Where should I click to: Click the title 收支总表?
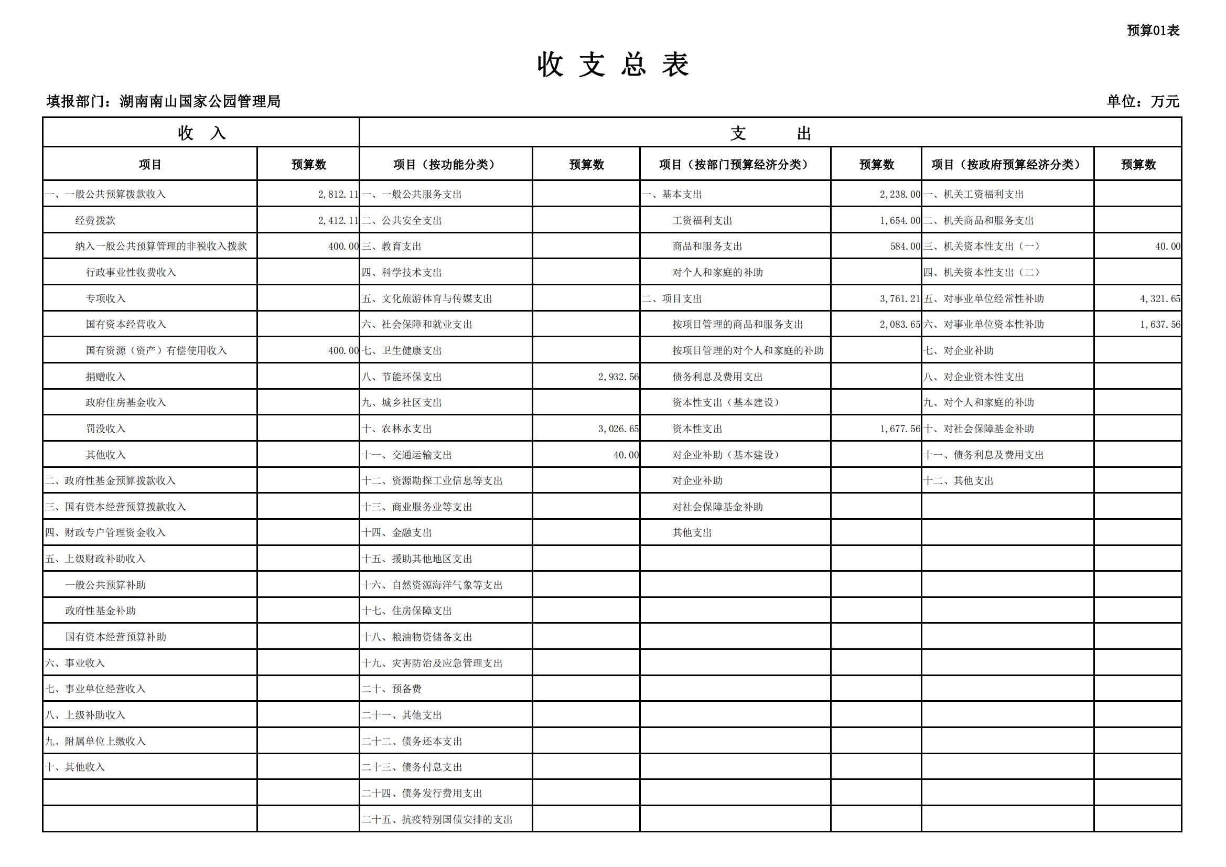pos(613,65)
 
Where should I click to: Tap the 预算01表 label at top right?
pos(1153,30)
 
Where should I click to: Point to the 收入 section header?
pos(201,133)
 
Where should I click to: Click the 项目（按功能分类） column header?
pos(445,165)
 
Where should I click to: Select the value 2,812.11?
pos(338,195)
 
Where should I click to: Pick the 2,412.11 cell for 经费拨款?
pos(338,221)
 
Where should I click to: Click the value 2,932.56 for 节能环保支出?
pos(618,377)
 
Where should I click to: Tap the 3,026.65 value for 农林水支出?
pos(618,429)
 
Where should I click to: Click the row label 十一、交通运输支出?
pos(407,455)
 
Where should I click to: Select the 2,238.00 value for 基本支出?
pos(900,195)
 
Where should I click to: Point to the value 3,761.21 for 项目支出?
pos(900,298)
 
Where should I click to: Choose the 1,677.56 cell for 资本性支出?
pos(900,429)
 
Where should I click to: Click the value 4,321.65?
pos(1160,298)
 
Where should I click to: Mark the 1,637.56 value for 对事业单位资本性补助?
pos(1160,325)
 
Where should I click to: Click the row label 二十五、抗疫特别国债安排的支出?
pos(437,819)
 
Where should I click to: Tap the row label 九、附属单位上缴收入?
pos(95,742)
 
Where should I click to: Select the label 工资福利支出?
pos(702,221)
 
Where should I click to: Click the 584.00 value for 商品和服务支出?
pos(905,247)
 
